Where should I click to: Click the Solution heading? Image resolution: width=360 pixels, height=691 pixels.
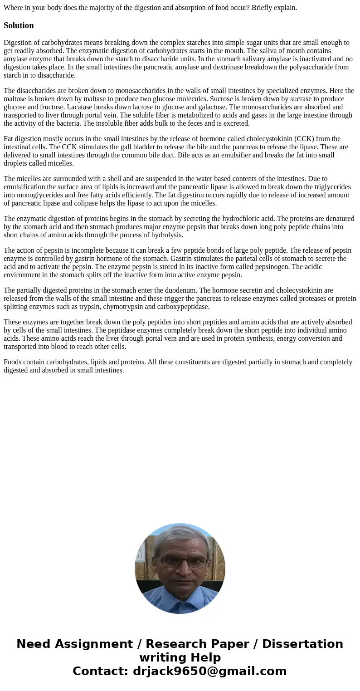[19, 25]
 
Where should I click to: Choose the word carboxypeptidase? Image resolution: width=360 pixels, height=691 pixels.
[184, 307]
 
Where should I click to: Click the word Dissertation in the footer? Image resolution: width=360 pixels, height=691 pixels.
[302, 644]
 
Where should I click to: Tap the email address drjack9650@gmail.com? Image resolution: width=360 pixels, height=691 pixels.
[209, 671]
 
